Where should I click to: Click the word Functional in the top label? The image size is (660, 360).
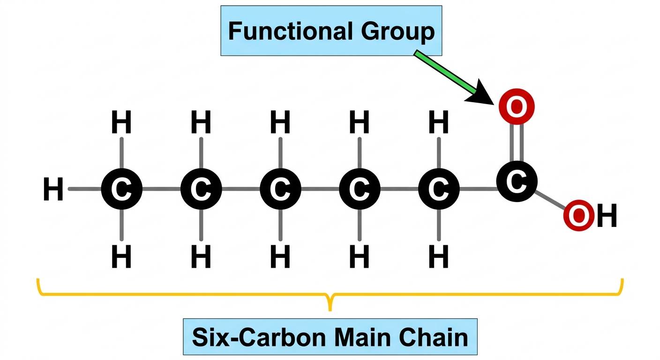point(290,31)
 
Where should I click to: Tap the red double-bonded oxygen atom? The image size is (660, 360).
point(517,106)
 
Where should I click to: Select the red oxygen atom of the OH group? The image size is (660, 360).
point(578,215)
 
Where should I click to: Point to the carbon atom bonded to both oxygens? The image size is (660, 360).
point(517,181)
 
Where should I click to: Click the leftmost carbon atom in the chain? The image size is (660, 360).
point(122,189)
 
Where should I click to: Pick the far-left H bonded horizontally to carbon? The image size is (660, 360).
point(53,189)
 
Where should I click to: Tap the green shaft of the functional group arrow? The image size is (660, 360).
point(445,72)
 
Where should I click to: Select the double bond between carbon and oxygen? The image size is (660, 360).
point(517,142)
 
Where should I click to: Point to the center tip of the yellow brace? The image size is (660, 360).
point(330,310)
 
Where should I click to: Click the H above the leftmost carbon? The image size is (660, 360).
point(121,122)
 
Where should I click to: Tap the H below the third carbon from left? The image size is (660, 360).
point(280,256)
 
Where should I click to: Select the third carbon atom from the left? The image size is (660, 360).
point(280,189)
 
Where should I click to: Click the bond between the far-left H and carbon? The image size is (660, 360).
point(85,189)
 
